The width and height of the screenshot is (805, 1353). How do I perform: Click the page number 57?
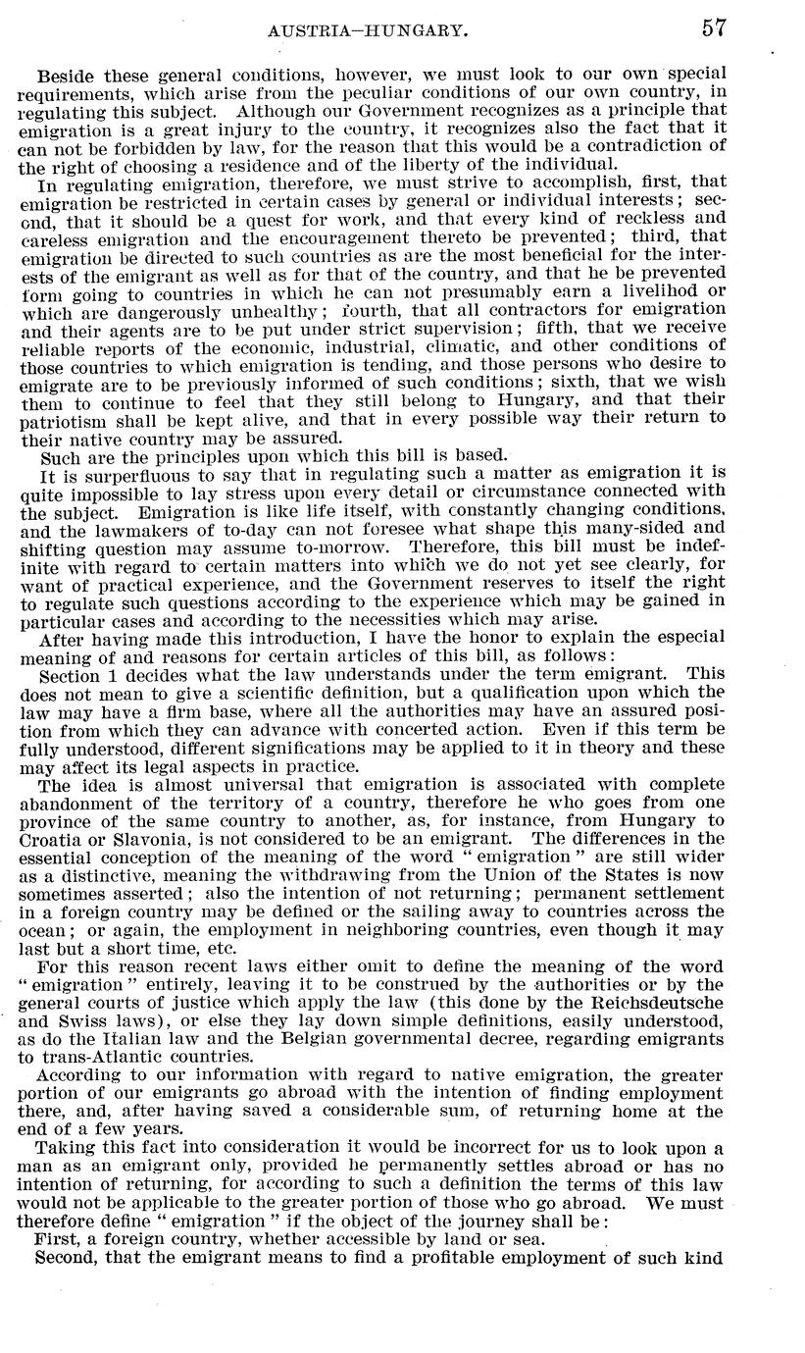(x=713, y=28)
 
